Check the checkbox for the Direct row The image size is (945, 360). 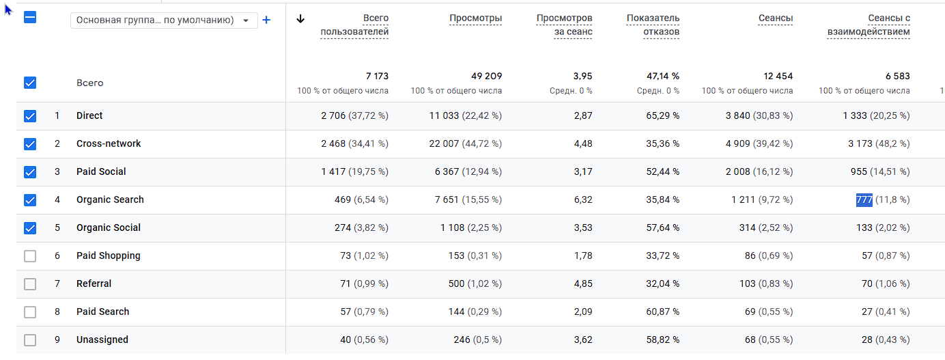pyautogui.click(x=30, y=116)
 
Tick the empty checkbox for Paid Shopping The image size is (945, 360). pyautogui.click(x=30, y=256)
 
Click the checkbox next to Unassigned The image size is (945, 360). pyautogui.click(x=30, y=340)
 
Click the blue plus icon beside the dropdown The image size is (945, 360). pyautogui.click(x=266, y=20)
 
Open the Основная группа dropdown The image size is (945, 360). pyautogui.click(x=164, y=20)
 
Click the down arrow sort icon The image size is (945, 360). pyautogui.click(x=300, y=18)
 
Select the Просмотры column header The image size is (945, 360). pyautogui.click(x=475, y=18)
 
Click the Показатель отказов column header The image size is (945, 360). pyautogui.click(x=653, y=25)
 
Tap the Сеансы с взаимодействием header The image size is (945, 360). pyautogui.click(x=869, y=25)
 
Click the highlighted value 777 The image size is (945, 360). pyautogui.click(x=864, y=200)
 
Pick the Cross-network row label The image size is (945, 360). pyautogui.click(x=109, y=144)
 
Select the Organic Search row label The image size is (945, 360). pyautogui.click(x=110, y=200)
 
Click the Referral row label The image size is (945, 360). pyautogui.click(x=94, y=284)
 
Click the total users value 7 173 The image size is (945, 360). pyautogui.click(x=377, y=77)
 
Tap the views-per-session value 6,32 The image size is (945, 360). pyautogui.click(x=582, y=200)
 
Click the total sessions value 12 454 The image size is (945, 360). pyautogui.click(x=778, y=77)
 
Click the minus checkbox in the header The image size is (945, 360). pyautogui.click(x=30, y=18)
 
